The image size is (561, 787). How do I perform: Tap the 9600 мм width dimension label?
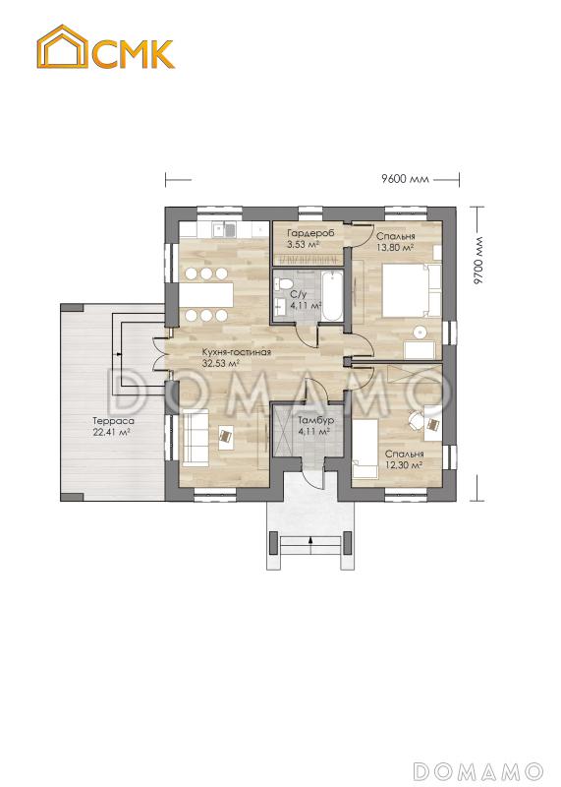pyautogui.click(x=405, y=179)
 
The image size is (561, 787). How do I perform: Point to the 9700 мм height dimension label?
pyautogui.click(x=478, y=261)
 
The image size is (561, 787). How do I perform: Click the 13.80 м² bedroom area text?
pyautogui.click(x=395, y=247)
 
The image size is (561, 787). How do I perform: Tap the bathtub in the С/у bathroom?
pyautogui.click(x=332, y=296)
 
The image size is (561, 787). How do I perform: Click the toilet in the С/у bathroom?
pyautogui.click(x=282, y=282)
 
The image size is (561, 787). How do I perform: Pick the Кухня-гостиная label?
pyautogui.click(x=236, y=352)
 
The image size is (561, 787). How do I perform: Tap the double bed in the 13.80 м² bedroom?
pyautogui.click(x=411, y=290)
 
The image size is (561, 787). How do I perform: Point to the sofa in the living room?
pyautogui.click(x=195, y=437)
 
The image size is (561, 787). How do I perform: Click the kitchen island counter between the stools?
pyautogui.click(x=207, y=294)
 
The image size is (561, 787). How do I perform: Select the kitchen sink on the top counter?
pyautogui.click(x=224, y=230)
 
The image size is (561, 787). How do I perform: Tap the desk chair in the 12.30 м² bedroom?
pyautogui.click(x=416, y=421)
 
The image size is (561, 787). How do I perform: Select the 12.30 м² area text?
pyautogui.click(x=404, y=464)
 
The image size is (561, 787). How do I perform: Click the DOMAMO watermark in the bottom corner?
pyautogui.click(x=478, y=770)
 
